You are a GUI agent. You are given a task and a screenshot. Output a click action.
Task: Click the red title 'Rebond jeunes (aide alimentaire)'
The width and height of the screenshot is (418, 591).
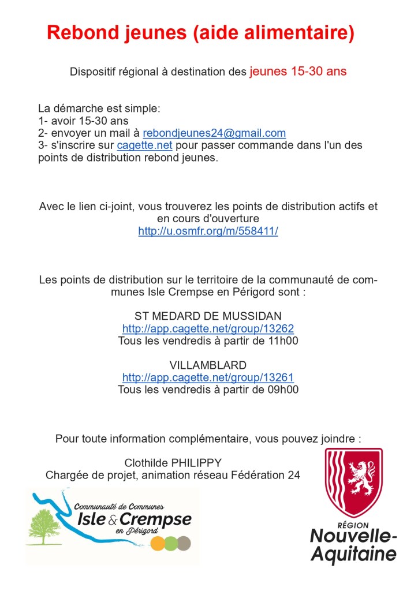pos(200,33)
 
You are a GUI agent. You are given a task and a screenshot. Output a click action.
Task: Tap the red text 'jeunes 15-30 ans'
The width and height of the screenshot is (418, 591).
pos(298,72)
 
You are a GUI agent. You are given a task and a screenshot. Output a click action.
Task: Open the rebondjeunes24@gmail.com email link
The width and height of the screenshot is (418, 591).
pos(214,133)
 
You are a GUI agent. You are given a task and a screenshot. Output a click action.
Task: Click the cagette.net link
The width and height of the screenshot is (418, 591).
pos(144,145)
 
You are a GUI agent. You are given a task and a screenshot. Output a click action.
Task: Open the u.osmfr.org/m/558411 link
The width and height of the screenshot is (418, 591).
pos(208,231)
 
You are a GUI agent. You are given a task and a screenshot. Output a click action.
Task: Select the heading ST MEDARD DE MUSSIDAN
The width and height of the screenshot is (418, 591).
pos(208,316)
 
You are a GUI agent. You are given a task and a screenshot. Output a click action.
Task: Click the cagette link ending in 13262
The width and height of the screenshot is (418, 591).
pos(208,328)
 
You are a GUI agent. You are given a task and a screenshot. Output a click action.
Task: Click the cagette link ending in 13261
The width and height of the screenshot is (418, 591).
pos(208,377)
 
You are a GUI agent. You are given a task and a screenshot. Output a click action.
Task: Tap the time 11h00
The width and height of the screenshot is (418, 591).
pos(282,341)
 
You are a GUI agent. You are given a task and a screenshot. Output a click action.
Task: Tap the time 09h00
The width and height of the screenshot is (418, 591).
pos(282,390)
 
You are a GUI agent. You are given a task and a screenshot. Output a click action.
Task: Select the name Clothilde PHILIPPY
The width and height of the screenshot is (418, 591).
pos(173,463)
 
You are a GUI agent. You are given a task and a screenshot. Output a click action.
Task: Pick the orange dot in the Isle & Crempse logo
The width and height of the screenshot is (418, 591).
pos(157,543)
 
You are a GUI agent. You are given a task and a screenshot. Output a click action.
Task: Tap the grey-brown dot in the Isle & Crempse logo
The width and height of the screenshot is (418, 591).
pos(184,543)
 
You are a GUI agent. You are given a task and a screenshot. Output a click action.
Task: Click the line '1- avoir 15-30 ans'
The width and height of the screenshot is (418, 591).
pos(83,121)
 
